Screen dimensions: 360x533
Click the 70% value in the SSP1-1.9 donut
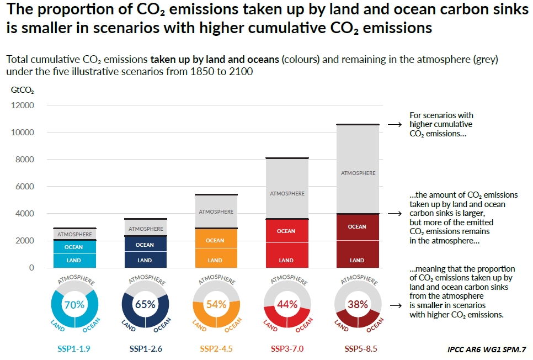(74, 304)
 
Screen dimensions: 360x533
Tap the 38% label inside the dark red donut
(357, 304)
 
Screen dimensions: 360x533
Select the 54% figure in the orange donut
(216, 304)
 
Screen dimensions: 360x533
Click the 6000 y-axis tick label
(24, 187)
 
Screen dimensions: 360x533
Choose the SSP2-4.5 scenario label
(216, 349)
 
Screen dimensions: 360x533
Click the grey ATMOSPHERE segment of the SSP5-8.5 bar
(358, 173)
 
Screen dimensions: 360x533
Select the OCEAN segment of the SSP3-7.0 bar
(286, 231)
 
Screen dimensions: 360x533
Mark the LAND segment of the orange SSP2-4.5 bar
(215, 260)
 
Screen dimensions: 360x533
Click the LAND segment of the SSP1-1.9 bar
(74, 260)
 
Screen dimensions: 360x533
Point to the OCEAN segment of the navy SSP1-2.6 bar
(145, 245)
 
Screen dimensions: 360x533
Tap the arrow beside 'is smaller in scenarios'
(395, 305)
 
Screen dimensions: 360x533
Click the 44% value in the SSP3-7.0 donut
(286, 304)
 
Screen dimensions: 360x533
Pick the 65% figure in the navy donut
(145, 304)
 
